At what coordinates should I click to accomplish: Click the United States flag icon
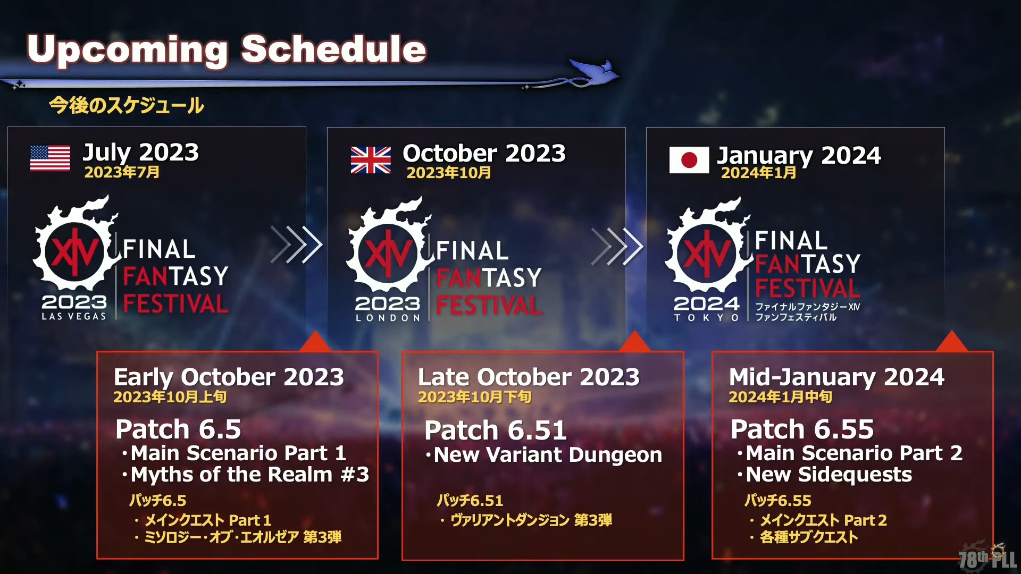tap(50, 158)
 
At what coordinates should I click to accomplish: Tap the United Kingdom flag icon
tap(371, 160)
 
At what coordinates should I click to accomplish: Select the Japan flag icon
tap(689, 160)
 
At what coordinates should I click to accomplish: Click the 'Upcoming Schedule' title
tap(227, 49)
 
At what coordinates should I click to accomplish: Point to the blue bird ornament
tap(596, 72)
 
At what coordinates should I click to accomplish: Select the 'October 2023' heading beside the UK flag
tap(484, 154)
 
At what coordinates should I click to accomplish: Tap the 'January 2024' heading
tap(799, 155)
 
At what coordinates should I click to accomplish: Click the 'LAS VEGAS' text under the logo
tap(74, 316)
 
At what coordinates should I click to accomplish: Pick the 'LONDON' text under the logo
tap(388, 318)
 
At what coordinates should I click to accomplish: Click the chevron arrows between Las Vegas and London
tap(296, 244)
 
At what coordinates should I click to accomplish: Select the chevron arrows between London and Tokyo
tap(617, 246)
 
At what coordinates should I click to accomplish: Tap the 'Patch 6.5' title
tap(178, 429)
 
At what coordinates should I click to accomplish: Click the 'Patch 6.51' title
tap(496, 430)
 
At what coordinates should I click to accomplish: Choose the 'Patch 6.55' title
tap(802, 429)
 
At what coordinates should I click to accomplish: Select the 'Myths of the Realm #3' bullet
tap(245, 475)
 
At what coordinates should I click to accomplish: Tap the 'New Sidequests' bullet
tap(825, 475)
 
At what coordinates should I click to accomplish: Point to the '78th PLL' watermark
tap(987, 558)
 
